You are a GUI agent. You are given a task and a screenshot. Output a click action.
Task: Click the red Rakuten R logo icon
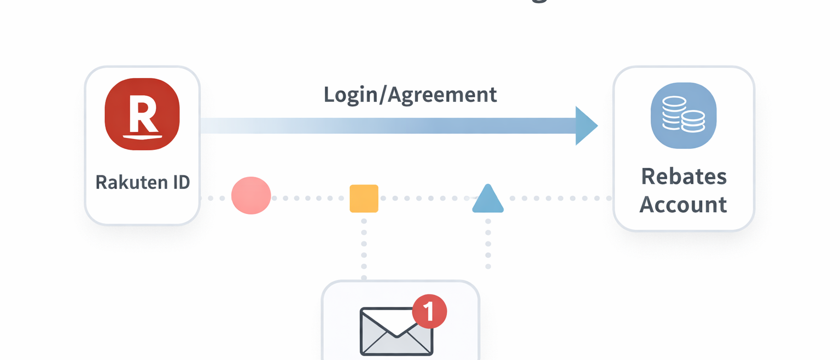[142, 114]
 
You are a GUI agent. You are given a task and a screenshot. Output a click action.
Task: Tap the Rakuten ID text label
[142, 182]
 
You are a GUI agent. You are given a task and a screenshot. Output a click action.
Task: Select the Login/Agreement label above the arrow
[410, 95]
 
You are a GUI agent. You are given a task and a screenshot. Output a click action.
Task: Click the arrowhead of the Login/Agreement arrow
[585, 126]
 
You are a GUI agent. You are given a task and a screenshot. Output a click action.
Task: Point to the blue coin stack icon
[684, 115]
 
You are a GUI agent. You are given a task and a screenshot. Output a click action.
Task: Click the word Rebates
[684, 177]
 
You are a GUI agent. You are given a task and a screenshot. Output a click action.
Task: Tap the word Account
[683, 205]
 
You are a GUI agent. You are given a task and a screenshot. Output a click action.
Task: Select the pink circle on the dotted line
[251, 195]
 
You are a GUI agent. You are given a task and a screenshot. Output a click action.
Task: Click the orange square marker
[364, 198]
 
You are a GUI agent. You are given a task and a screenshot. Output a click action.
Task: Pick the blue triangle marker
[488, 199]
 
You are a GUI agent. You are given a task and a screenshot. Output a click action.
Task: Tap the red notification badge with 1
[429, 311]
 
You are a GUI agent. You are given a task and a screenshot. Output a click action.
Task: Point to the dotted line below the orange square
[364, 246]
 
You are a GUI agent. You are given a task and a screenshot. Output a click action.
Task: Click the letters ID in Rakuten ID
[181, 182]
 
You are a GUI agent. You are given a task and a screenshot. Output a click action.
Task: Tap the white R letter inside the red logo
[142, 114]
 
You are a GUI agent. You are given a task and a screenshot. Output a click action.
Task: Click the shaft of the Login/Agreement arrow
[383, 126]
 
